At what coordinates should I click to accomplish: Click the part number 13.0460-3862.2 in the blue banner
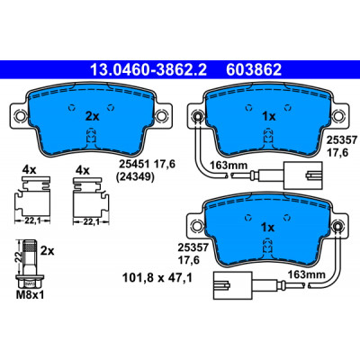148,70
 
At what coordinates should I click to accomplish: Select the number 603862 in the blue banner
254,70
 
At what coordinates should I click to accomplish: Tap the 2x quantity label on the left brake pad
92,116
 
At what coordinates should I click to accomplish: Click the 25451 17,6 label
147,164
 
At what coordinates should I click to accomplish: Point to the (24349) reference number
135,177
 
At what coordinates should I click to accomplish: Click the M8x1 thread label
30,295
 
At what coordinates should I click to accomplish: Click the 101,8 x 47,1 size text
157,277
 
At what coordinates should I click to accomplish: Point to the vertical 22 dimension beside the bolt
19,256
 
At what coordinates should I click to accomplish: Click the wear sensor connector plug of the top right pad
302,175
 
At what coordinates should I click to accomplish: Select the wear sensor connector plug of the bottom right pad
232,285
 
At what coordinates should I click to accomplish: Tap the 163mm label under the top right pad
229,165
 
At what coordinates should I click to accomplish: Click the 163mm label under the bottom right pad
306,274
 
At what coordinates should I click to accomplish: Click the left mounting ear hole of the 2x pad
20,115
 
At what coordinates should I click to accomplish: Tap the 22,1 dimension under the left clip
32,221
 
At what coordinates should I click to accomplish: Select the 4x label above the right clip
83,171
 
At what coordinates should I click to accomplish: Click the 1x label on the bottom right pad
268,228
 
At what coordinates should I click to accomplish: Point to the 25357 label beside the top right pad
342,139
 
